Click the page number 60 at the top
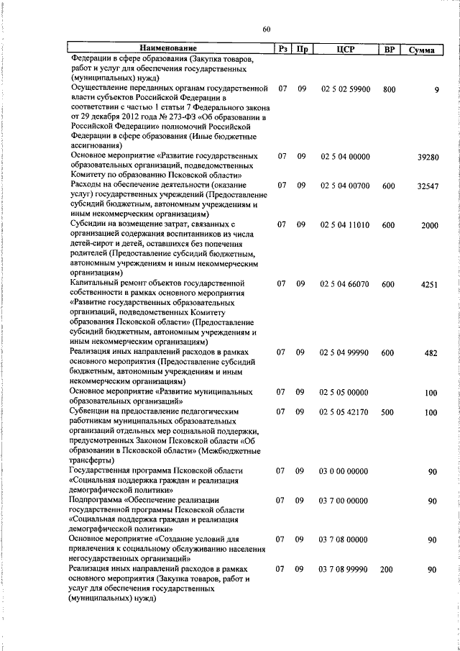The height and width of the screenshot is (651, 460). coord(267,29)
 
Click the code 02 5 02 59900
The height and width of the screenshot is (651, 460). coord(345,89)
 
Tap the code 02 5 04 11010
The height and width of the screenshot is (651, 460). coord(345,225)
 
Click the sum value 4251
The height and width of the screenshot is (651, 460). coord(429,284)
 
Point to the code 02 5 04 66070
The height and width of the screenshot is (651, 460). coord(345,284)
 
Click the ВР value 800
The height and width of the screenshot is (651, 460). coord(389,89)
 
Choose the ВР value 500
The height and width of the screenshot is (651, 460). coord(389,412)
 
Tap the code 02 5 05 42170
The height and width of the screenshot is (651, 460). coord(345,412)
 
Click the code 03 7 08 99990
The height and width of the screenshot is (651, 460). coord(345,569)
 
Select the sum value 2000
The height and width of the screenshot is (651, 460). coord(429,225)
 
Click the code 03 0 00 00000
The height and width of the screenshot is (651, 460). coord(345,470)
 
